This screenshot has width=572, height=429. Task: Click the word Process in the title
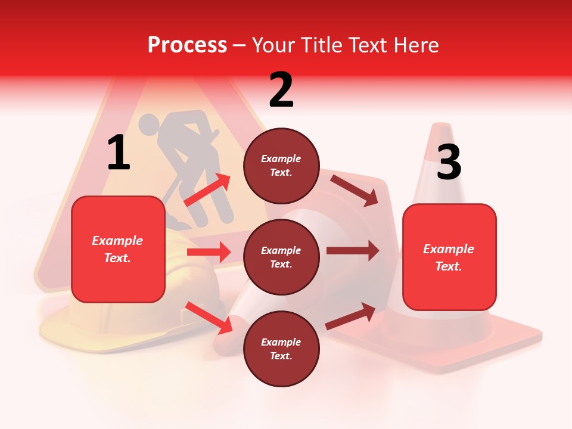click(x=187, y=45)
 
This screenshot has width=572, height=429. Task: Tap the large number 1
click(x=119, y=153)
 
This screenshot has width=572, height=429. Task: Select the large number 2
click(x=281, y=90)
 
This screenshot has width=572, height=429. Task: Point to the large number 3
click(x=449, y=162)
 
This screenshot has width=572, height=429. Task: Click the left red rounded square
click(x=118, y=249)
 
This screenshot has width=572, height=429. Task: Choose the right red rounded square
click(x=449, y=257)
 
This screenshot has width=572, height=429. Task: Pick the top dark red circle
click(x=281, y=166)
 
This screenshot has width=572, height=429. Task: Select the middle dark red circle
click(x=281, y=257)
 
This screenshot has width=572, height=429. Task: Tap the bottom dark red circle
click(x=281, y=349)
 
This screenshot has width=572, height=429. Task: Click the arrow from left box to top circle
click(x=207, y=190)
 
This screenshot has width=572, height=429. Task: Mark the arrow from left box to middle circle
click(x=209, y=252)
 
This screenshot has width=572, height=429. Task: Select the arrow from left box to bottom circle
click(x=209, y=318)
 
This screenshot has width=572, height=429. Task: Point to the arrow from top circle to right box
click(x=354, y=190)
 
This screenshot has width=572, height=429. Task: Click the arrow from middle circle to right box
click(x=352, y=250)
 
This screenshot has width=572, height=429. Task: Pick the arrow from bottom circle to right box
click(x=350, y=316)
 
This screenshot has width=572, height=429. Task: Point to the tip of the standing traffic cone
click(x=441, y=126)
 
